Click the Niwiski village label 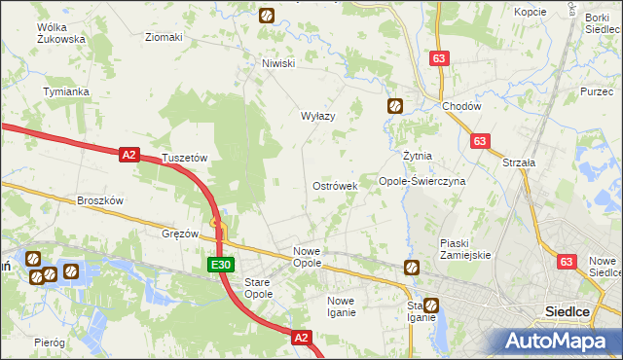[x=277, y=64]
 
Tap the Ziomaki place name [x=164, y=38]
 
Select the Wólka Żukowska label [x=60, y=33]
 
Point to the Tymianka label [x=66, y=91]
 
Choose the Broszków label [x=100, y=200]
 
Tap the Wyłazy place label [x=317, y=116]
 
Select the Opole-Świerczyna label [x=421, y=181]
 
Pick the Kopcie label [x=531, y=12]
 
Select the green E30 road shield [x=220, y=264]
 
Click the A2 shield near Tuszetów [x=129, y=154]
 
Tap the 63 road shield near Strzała [x=478, y=141]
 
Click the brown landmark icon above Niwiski [x=266, y=15]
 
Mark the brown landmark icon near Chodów [x=395, y=106]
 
